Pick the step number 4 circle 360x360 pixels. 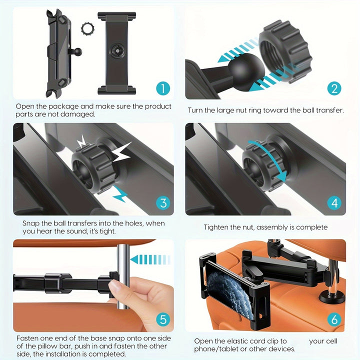pyautogui.click(x=334, y=203)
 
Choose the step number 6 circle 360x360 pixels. pyautogui.click(x=334, y=318)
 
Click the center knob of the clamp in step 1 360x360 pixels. pyautogui.click(x=117, y=50)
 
